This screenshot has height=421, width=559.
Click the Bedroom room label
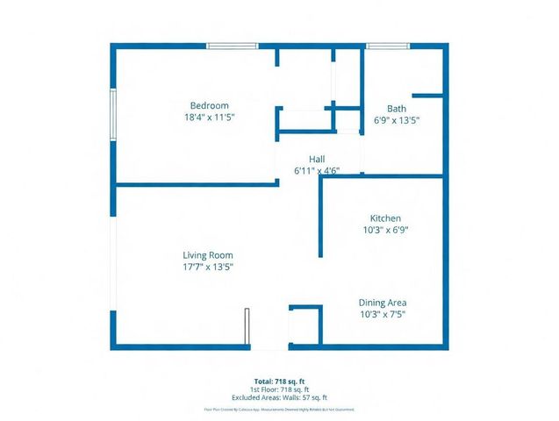(210, 105)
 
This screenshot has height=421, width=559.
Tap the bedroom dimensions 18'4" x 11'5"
(210, 117)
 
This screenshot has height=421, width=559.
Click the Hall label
(305, 160)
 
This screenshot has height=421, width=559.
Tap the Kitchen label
(385, 218)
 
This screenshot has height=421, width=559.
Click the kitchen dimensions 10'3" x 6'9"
(385, 230)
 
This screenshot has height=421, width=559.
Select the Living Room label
(208, 255)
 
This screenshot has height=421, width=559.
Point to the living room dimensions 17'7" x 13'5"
(208, 267)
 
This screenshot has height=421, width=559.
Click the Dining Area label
(383, 302)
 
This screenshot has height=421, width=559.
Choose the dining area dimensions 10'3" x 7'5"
(383, 313)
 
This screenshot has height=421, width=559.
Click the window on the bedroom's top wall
(233, 46)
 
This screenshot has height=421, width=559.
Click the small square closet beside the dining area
(305, 326)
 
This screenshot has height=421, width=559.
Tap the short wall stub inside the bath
(427, 95)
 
